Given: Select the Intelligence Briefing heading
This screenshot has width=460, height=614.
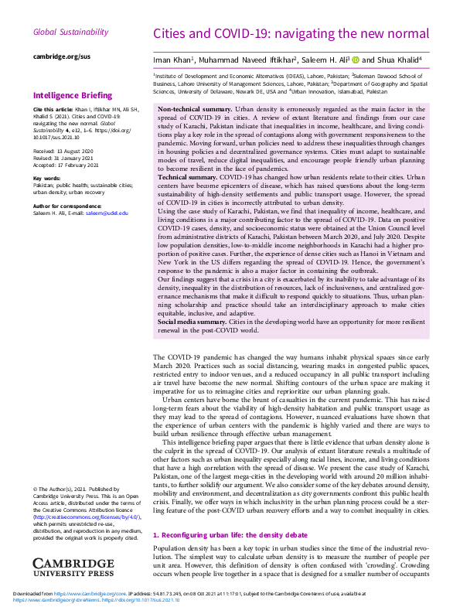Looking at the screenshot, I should coord(73,96).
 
